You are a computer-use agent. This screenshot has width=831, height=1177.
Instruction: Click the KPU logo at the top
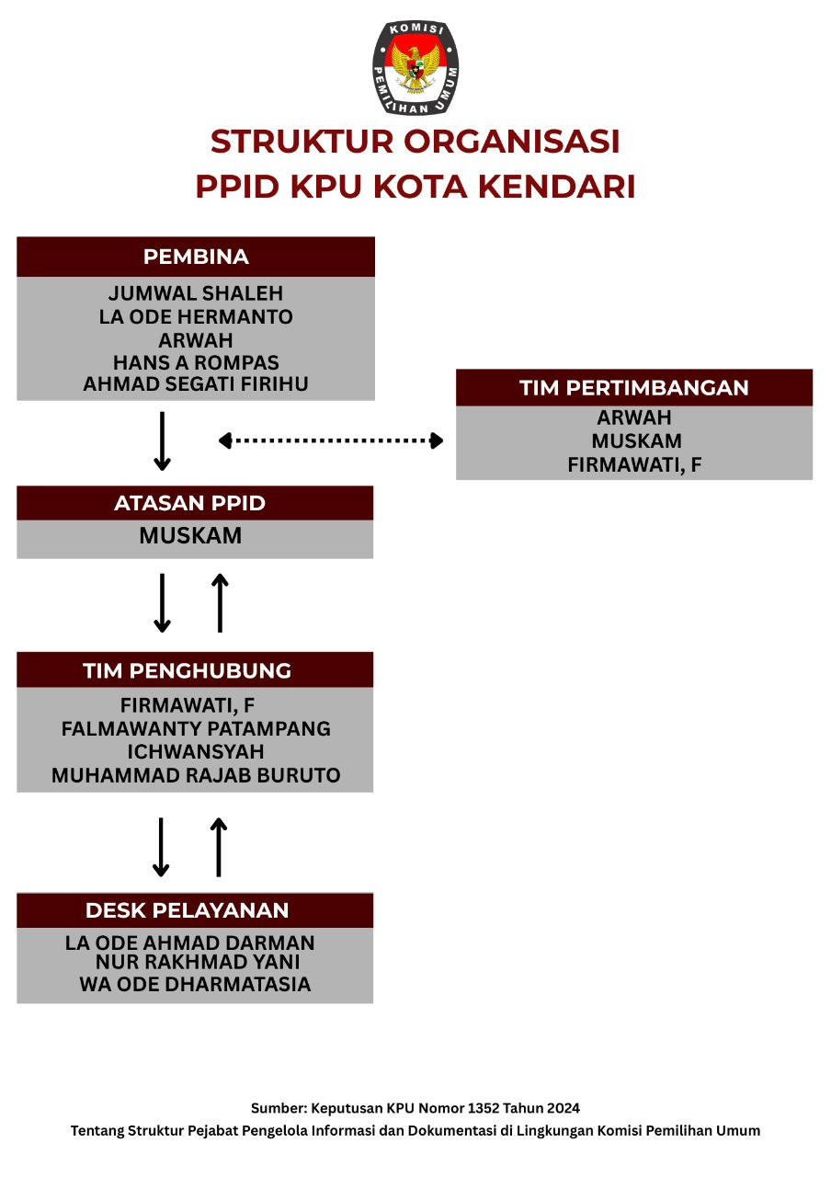click(x=415, y=68)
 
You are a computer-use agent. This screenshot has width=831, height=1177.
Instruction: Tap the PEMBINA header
click(x=196, y=257)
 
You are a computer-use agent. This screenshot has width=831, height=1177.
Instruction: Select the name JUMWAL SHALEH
click(x=196, y=294)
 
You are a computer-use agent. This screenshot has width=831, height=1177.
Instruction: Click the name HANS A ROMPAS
click(x=196, y=362)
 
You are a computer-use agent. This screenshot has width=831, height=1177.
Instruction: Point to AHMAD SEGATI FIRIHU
click(x=196, y=384)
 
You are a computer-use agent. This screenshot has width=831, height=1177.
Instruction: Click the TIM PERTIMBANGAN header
click(x=634, y=387)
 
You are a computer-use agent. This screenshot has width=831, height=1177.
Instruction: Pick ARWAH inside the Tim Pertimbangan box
click(x=634, y=418)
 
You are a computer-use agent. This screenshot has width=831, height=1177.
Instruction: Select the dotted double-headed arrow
click(x=331, y=440)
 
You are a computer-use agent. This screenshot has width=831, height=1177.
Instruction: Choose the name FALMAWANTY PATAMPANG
click(x=196, y=729)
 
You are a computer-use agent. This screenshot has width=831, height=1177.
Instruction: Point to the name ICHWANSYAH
click(x=196, y=752)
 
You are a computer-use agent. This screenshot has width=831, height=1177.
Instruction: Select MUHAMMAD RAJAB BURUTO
click(x=196, y=775)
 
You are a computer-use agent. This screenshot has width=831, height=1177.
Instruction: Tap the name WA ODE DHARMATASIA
click(x=196, y=985)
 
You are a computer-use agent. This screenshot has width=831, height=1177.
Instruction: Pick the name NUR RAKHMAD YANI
click(x=198, y=963)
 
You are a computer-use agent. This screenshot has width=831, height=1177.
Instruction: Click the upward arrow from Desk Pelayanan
click(x=219, y=847)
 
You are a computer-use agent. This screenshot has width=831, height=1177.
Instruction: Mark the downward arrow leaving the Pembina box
click(x=162, y=441)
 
